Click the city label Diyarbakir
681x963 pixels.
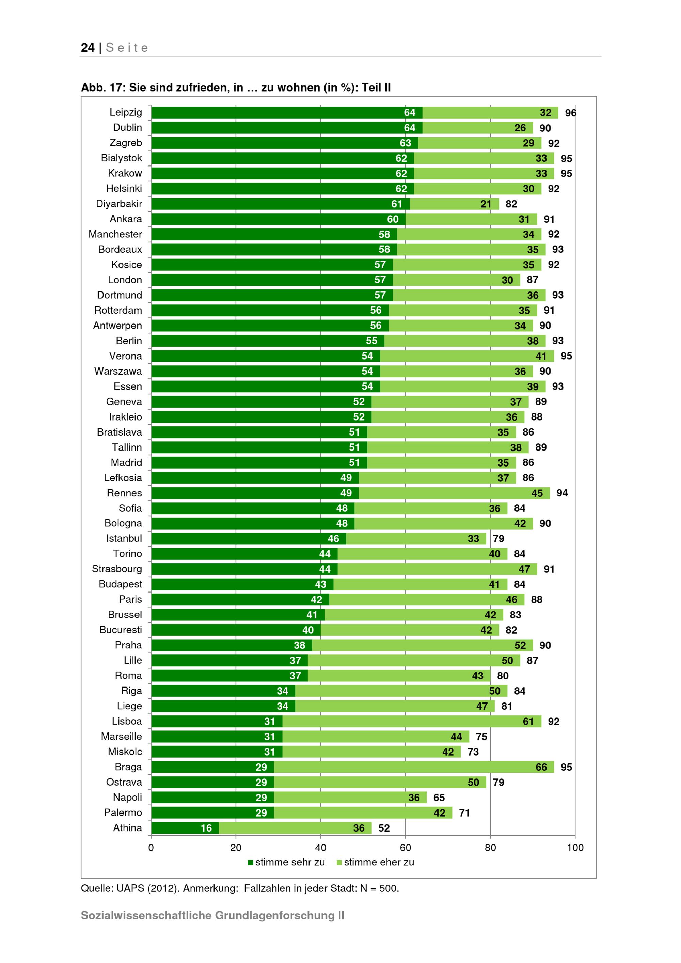point(119,204)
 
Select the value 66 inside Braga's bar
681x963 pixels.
point(541,767)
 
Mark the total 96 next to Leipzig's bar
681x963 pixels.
point(570,113)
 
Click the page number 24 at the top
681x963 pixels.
point(88,47)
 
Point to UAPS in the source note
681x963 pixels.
point(130,888)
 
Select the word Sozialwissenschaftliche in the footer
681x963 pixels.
point(146,915)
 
